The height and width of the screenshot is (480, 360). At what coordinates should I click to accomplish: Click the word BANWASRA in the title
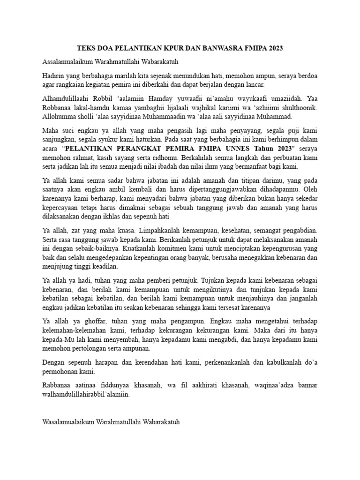224,49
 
